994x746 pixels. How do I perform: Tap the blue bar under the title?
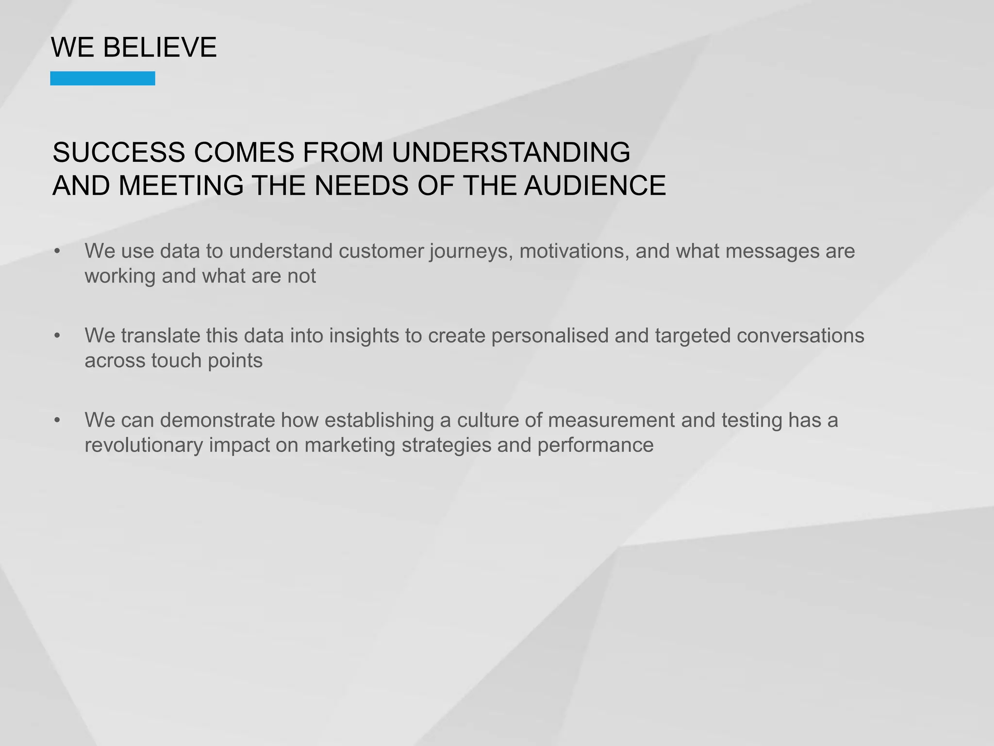102,78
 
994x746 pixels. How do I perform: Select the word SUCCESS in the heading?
119,152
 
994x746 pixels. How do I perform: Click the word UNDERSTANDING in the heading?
511,152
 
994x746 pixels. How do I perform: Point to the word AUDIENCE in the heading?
595,186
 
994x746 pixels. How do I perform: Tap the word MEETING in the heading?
181,186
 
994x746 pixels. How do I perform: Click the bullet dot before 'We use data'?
58,251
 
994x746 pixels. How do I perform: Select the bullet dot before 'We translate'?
58,336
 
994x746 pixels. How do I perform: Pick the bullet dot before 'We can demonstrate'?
58,420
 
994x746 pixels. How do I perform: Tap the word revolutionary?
144,445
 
